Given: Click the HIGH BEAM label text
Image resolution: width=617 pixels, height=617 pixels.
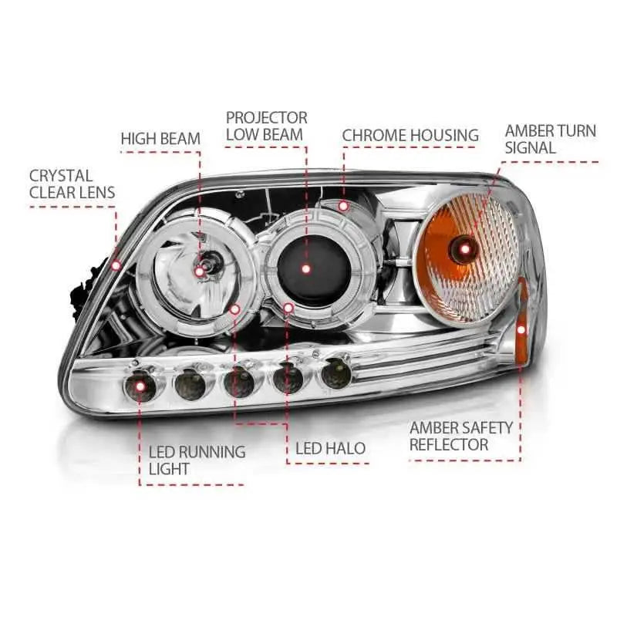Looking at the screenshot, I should (x=160, y=139).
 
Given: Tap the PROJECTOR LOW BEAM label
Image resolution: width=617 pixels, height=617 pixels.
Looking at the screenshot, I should (x=266, y=126).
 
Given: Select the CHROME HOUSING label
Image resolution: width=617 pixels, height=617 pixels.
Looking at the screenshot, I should (x=410, y=136).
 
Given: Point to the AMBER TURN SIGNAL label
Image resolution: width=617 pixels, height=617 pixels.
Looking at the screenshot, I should (x=550, y=139).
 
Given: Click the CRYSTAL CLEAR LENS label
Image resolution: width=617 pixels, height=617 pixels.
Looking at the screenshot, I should (x=72, y=184).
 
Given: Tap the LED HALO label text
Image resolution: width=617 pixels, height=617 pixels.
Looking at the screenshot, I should (x=331, y=448).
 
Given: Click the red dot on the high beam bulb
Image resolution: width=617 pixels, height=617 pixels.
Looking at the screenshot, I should (x=200, y=271).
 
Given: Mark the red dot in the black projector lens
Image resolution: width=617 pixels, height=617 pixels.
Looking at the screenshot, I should (x=306, y=269).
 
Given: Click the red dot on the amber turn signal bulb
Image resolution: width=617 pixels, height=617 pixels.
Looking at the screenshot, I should (x=465, y=248).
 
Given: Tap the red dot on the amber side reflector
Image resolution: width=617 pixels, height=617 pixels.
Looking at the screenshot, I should (x=521, y=329).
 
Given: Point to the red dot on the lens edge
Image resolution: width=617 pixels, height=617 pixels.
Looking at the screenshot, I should (x=116, y=265).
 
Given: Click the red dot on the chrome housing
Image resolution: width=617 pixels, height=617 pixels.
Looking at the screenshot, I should (x=344, y=206).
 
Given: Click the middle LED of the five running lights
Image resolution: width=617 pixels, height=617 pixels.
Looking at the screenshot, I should (x=238, y=379).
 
